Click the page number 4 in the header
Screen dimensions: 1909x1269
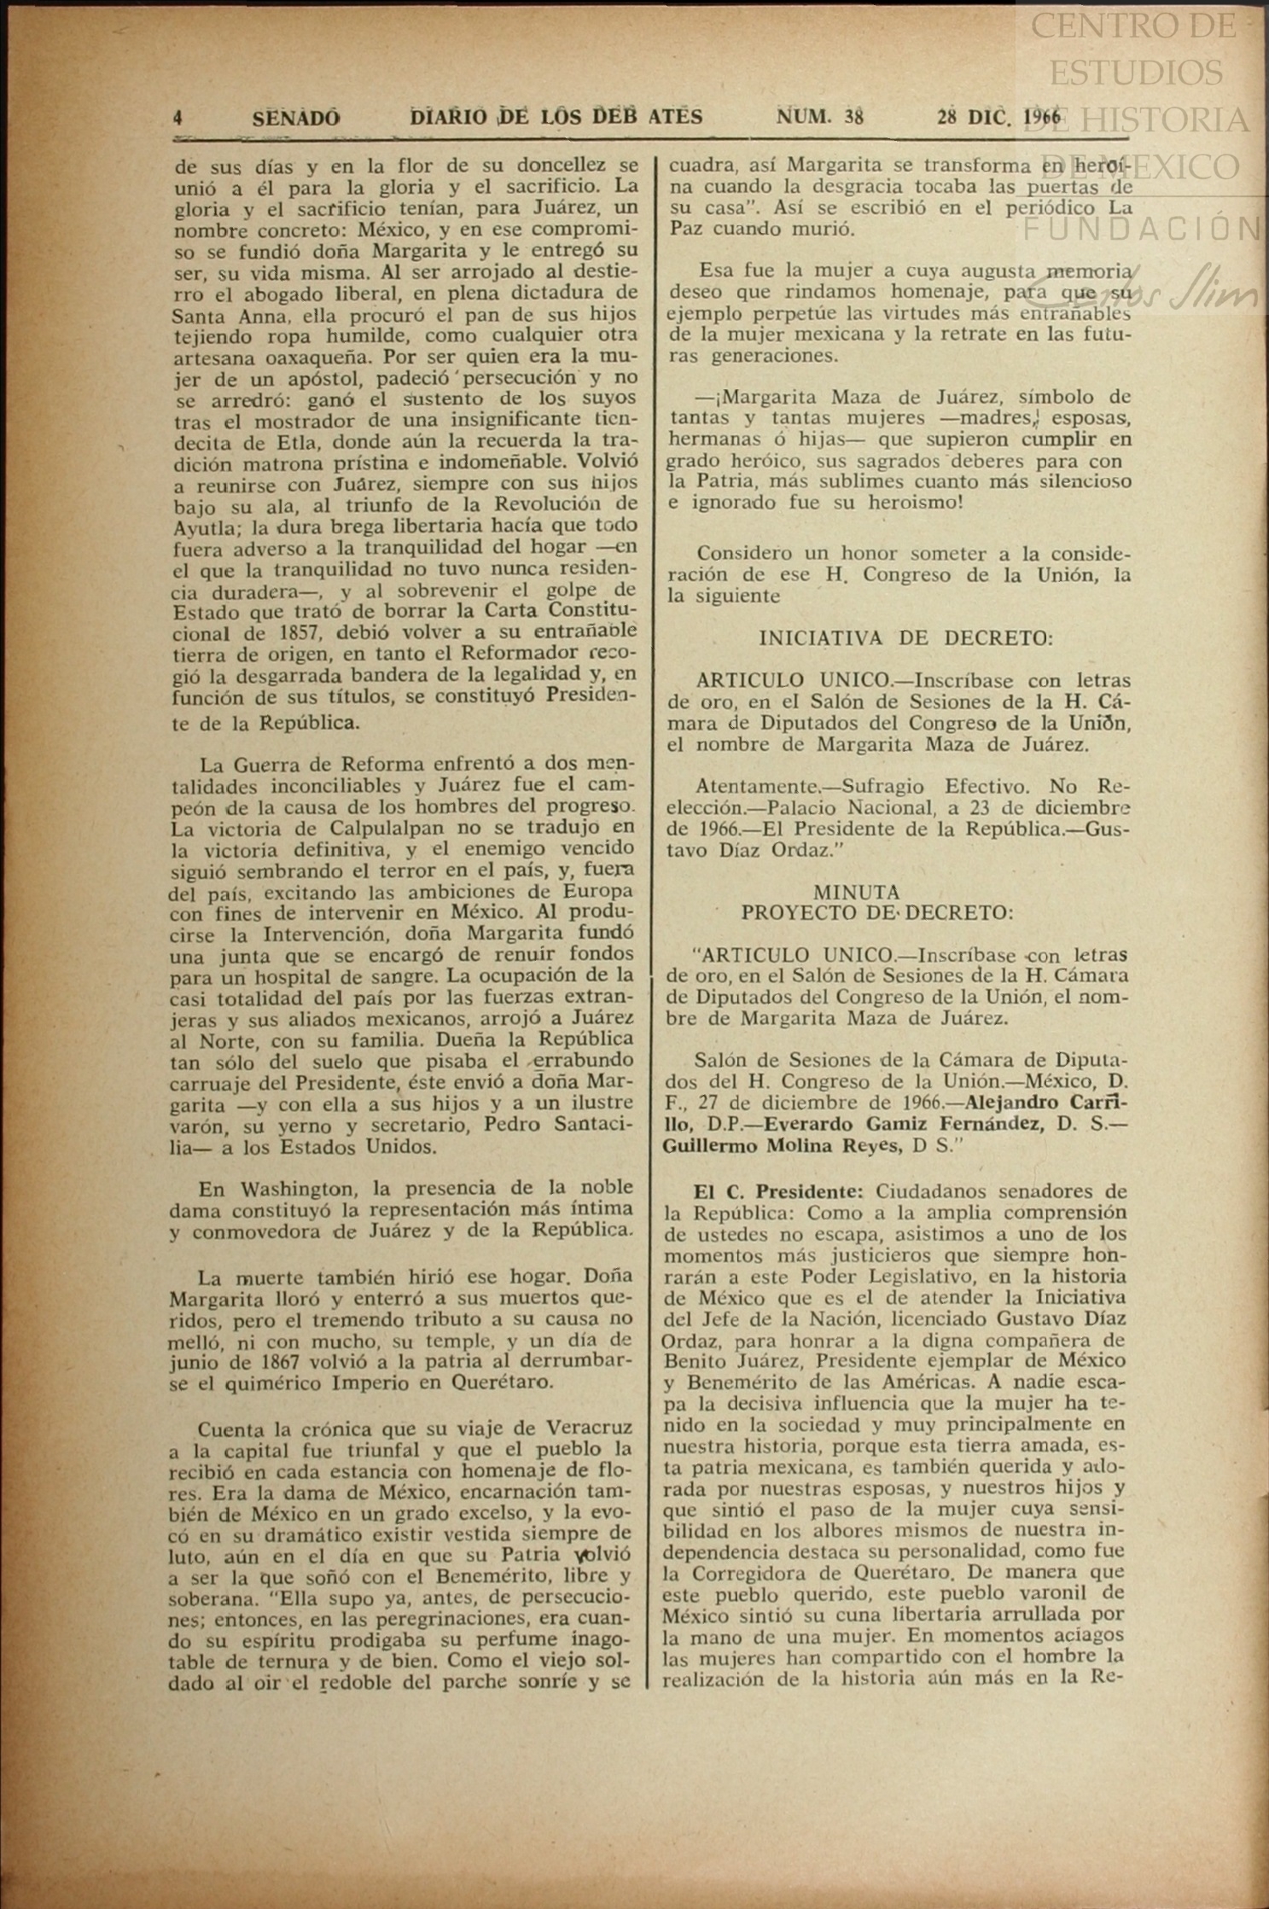click(178, 118)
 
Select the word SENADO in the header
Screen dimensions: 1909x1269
click(295, 118)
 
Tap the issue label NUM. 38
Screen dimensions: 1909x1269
click(819, 117)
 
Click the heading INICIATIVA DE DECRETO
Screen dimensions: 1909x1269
click(905, 637)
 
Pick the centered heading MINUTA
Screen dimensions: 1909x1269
click(856, 892)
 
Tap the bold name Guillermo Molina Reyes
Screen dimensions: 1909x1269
click(783, 1146)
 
